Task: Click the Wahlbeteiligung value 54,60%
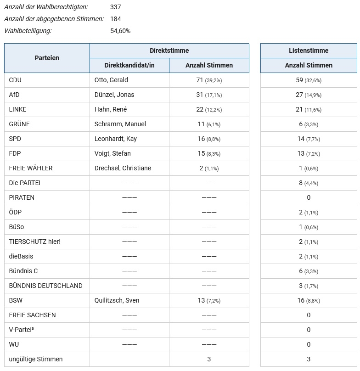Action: point(120,31)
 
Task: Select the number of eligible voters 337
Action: point(116,7)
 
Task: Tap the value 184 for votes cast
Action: point(116,19)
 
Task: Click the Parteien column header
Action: point(47,58)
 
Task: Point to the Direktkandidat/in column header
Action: point(129,65)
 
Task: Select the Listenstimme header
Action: point(309,51)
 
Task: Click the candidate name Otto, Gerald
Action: point(111,80)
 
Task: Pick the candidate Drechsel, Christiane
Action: point(123,168)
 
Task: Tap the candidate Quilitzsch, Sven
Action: point(117,300)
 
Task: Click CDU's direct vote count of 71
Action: point(200,80)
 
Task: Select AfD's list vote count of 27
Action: point(299,95)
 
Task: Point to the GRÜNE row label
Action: point(19,124)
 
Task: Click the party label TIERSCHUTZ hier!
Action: point(35,242)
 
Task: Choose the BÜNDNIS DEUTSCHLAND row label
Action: point(46,286)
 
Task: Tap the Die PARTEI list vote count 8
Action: point(301,183)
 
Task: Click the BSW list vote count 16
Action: point(301,300)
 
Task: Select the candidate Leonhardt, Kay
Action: point(116,139)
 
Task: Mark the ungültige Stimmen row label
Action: point(36,359)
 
